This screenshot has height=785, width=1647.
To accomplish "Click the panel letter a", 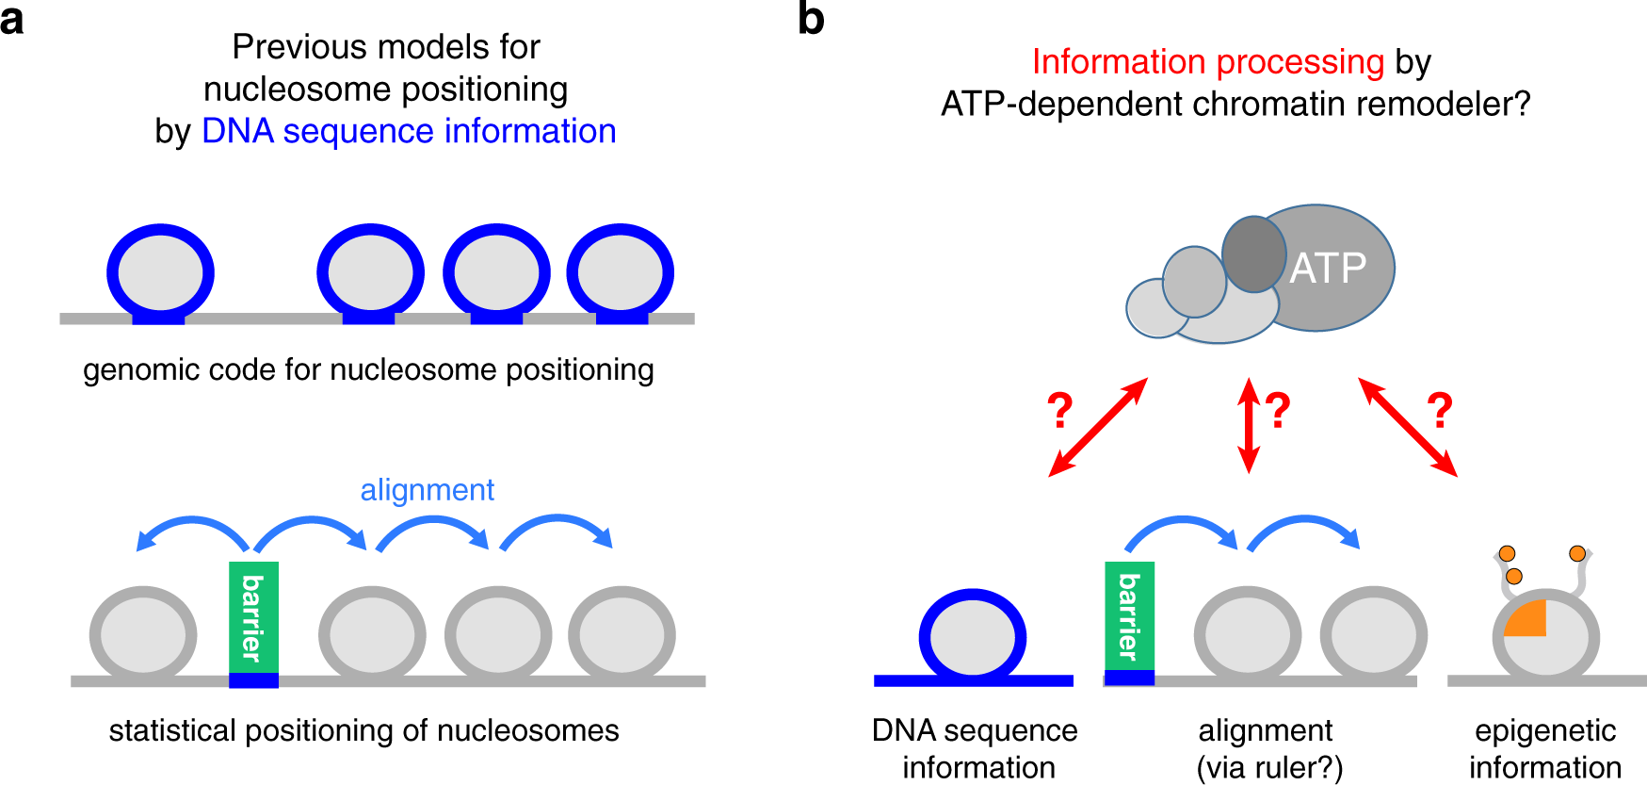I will point(12,20).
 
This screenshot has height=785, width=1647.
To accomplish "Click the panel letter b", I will point(811,19).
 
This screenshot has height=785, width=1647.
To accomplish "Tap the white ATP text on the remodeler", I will point(1328,269).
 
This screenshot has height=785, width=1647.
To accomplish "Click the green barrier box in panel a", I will point(253,617).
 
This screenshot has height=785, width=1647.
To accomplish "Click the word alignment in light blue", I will point(427,490).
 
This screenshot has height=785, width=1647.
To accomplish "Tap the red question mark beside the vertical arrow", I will point(1278,410).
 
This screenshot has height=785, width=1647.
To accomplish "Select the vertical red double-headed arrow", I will point(1249,425).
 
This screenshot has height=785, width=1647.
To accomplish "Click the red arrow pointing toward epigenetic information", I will point(1408,427).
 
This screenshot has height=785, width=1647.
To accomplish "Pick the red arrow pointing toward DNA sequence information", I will point(1098,427).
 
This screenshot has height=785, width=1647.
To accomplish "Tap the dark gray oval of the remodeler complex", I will point(1253,253).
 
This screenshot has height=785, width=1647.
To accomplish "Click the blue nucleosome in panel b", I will point(973,636).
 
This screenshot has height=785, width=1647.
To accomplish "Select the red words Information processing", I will point(1207,62).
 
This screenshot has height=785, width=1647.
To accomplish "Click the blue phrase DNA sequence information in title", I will point(409,131).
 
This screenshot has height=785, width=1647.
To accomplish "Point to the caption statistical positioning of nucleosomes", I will point(363,730).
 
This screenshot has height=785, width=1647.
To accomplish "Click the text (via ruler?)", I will point(1269,767).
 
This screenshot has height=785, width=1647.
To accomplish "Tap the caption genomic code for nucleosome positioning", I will point(368,369).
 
